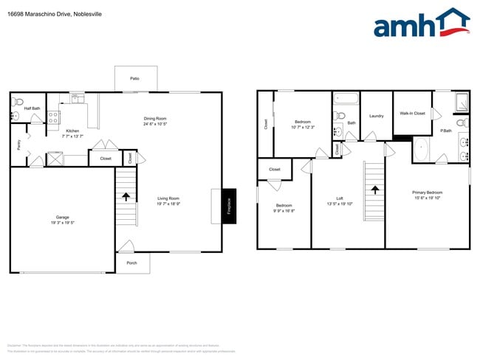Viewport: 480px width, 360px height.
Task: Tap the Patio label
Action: click(135, 78)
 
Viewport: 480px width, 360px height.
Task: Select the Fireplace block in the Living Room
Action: click(228, 205)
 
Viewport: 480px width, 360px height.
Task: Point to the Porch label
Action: click(131, 263)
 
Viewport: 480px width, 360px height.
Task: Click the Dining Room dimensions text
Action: click(155, 124)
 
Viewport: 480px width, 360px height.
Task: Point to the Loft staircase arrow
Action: click(374, 189)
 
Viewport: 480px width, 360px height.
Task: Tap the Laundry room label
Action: click(376, 116)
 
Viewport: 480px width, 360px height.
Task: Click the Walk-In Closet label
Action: click(412, 114)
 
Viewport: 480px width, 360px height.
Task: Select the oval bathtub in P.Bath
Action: click(422, 150)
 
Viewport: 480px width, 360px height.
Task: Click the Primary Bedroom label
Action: click(427, 193)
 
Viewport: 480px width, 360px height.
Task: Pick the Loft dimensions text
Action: click(340, 203)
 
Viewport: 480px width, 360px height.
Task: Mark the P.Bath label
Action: click(446, 131)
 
